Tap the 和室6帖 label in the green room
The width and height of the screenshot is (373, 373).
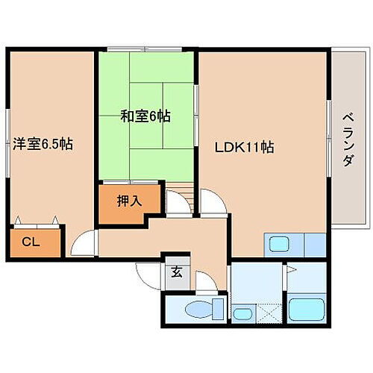coord(145,116)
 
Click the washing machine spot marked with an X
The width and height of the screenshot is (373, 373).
coord(265,313)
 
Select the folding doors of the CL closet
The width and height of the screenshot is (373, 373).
coord(37,221)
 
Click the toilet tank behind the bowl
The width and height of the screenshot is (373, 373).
coord(218,307)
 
